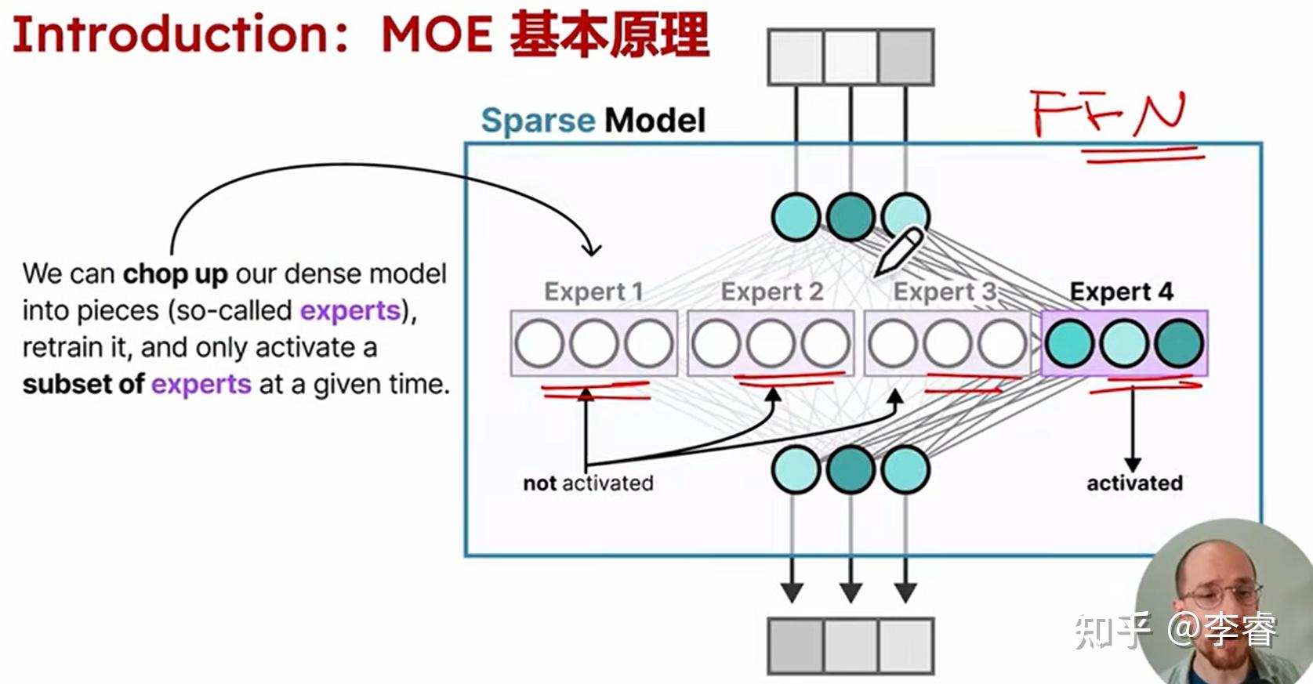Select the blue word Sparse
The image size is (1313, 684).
click(x=538, y=121)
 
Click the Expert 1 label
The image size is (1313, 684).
click(x=593, y=292)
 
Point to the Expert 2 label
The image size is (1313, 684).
click(x=772, y=292)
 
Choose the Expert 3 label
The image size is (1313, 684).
click(x=945, y=292)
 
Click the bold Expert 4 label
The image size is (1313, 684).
click(x=1121, y=292)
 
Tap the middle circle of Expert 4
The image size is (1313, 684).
click(x=1123, y=343)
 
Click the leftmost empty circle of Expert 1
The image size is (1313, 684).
click(x=539, y=343)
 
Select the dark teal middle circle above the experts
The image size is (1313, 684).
click(x=851, y=217)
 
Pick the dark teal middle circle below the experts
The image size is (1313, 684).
click(x=851, y=469)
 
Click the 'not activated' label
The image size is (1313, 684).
click(x=588, y=483)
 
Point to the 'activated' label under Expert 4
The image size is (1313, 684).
click(x=1135, y=483)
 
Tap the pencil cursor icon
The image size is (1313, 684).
click(x=898, y=252)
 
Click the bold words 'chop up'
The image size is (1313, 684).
click(x=176, y=274)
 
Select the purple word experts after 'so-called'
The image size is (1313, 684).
click(x=350, y=311)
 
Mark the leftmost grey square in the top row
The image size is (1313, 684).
click(x=796, y=57)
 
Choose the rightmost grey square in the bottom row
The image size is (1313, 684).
click(x=905, y=646)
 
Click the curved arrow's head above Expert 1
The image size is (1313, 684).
click(x=592, y=250)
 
